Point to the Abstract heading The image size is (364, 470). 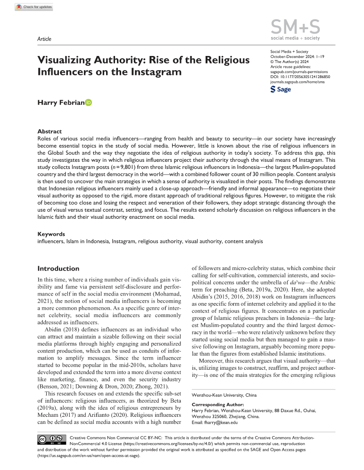click(x=50, y=131)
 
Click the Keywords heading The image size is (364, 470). click(x=51, y=234)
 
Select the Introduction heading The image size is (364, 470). click(x=58, y=269)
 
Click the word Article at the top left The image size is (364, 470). click(x=44, y=39)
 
